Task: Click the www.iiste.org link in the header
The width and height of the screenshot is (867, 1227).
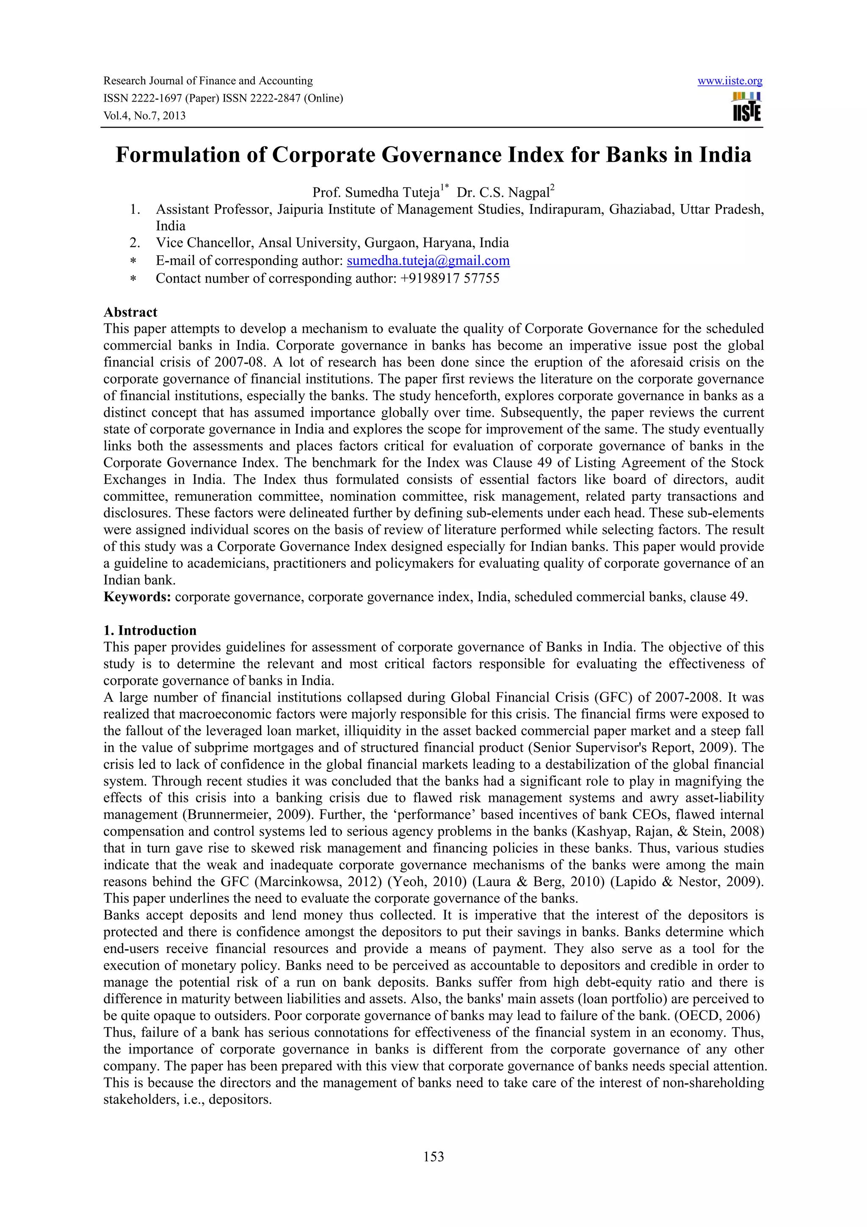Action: [x=730, y=81]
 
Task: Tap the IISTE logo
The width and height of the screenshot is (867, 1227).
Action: [x=747, y=107]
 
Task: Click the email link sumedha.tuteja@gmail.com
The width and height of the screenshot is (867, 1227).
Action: [x=428, y=261]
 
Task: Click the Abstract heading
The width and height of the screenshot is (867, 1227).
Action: [x=130, y=312]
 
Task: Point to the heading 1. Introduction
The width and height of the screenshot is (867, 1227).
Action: [x=150, y=630]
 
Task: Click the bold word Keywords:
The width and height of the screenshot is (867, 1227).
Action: [x=137, y=597]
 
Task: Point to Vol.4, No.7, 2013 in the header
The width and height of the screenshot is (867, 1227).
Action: [x=144, y=116]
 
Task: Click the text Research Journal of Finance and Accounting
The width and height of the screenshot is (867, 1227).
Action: [x=208, y=81]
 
